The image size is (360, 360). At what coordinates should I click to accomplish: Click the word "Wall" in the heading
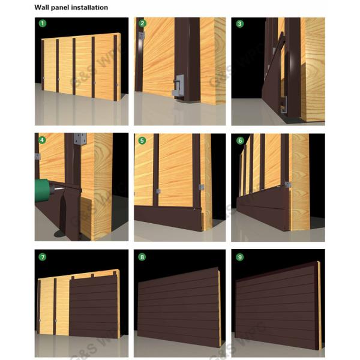pos(43,8)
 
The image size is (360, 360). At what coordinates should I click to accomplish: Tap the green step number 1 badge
pos(42,24)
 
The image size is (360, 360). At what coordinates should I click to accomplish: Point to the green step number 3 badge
pos(239,24)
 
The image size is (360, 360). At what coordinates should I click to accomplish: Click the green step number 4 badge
pos(42,141)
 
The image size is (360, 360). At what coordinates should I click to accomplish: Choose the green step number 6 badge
pos(239,141)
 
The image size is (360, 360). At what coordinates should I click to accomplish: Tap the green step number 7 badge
pos(42,257)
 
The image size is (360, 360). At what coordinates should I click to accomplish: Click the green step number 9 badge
pos(239,257)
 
